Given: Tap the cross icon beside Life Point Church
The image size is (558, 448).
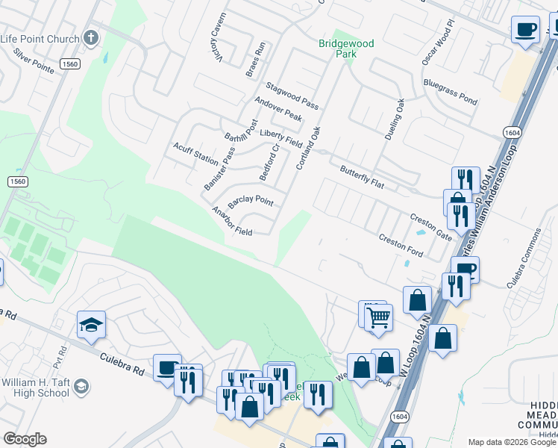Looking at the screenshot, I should pos(91,37).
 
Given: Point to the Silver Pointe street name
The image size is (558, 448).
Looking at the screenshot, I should pos(34,65).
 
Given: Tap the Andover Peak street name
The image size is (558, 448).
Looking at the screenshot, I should pos(278,109).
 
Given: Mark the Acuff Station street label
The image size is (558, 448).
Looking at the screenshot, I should pos(195,155).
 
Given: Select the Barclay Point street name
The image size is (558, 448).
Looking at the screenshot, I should pos(250,201).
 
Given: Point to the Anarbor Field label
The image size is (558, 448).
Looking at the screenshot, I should pos(231,221).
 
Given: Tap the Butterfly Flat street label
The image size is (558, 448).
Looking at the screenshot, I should pos(362,178).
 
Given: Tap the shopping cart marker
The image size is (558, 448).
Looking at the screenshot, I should pos(378,317).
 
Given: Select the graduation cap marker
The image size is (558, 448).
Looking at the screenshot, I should pos(91,325).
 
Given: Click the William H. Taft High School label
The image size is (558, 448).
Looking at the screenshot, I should pos(36,387).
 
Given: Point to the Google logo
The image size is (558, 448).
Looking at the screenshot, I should pos(25,439).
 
